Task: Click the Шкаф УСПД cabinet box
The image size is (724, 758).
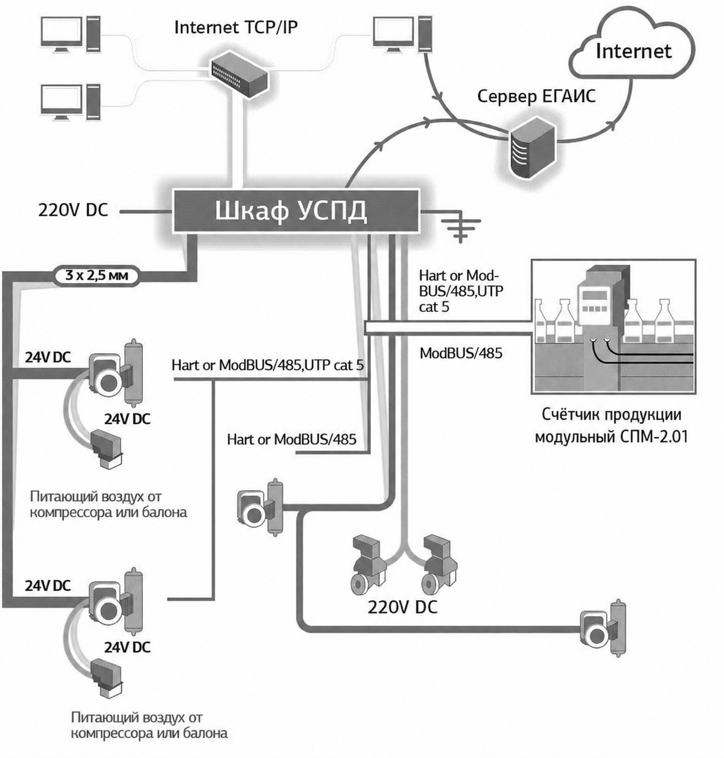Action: click(x=296, y=212)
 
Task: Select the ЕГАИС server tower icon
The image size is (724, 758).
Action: click(x=533, y=148)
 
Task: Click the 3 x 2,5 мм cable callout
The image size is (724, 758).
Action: click(x=96, y=276)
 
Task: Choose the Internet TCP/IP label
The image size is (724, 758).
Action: click(x=236, y=28)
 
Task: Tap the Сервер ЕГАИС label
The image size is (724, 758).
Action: click(x=536, y=96)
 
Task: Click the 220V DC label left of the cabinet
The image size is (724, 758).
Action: click(x=73, y=210)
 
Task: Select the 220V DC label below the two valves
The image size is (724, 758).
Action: click(x=403, y=607)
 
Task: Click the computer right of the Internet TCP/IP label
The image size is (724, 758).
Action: click(x=403, y=34)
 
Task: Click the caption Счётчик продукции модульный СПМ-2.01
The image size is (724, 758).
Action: click(x=612, y=425)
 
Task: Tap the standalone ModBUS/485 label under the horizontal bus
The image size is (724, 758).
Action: click(x=461, y=353)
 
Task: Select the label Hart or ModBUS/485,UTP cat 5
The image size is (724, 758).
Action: click(x=268, y=365)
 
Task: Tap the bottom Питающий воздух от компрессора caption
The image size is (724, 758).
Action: click(x=149, y=726)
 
